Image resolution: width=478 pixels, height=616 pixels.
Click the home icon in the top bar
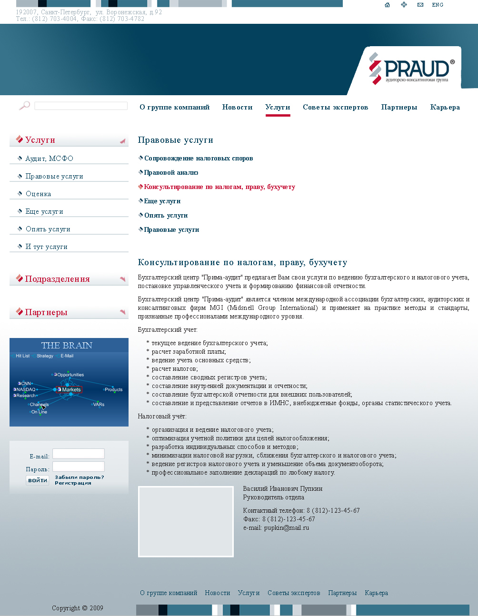(387, 5)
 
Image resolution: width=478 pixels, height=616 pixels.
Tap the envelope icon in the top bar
(420, 5)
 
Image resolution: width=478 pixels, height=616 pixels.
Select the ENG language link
(438, 5)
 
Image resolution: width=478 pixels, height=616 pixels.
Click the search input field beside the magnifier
(81, 106)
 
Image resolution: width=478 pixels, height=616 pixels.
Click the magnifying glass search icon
(24, 105)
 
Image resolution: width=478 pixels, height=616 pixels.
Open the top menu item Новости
(237, 107)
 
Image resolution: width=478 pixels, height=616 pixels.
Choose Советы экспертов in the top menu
(335, 107)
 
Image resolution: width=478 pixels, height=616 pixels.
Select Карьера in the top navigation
(445, 107)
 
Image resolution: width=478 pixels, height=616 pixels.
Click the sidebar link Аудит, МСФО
(49, 159)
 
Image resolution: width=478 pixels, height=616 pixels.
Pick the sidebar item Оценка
(38, 194)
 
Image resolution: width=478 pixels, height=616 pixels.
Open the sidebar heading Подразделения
(57, 279)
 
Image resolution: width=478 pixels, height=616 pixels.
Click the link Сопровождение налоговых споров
(199, 159)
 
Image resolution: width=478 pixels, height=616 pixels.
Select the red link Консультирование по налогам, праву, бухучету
(219, 187)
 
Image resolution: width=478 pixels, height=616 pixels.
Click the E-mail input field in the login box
(79, 454)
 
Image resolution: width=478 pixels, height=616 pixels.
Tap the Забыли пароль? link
(79, 477)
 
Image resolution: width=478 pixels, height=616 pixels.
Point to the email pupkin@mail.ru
(286, 527)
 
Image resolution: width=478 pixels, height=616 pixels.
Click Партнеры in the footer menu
(342, 593)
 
